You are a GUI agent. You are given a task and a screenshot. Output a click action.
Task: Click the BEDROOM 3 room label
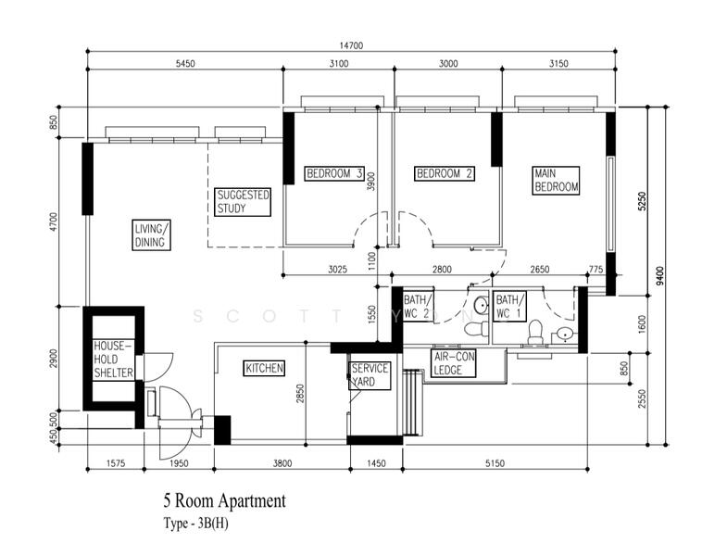coord(334,173)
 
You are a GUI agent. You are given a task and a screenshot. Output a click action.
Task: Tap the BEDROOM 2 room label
coord(445,173)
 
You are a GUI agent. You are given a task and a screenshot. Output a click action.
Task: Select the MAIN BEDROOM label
coord(556,180)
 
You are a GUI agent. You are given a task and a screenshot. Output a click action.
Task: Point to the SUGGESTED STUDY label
coord(244,202)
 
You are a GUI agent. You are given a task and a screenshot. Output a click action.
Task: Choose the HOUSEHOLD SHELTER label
coord(114,360)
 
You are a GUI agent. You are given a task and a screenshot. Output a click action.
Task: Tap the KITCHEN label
coord(264,368)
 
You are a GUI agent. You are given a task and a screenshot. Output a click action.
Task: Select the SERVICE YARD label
coord(369,374)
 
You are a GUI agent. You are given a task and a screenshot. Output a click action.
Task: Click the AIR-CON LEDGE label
coord(454,363)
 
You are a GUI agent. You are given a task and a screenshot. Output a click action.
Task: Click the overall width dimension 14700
coord(349,44)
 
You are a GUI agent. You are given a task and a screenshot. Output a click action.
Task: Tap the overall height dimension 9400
coord(658,275)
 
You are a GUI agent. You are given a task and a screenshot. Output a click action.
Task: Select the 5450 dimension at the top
coord(184,64)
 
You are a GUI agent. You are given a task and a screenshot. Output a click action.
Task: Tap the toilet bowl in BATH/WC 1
coord(534,331)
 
